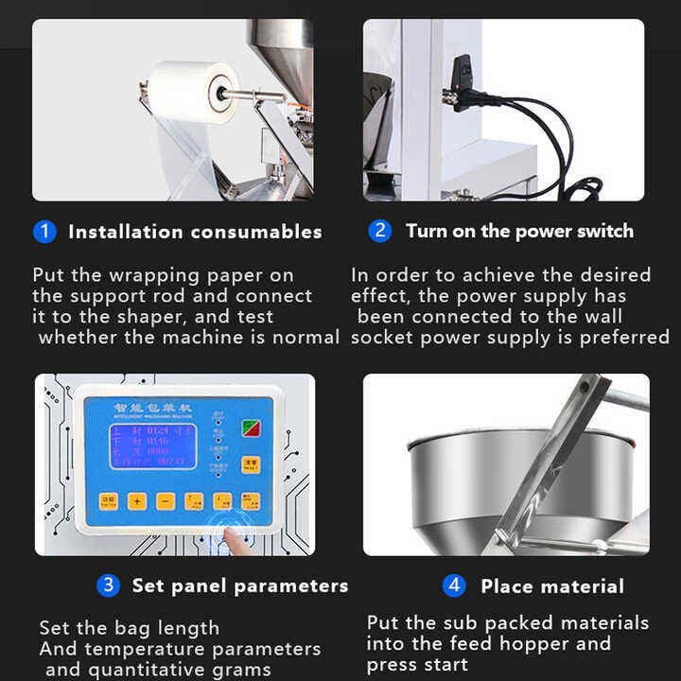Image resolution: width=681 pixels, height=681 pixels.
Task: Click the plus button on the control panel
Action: pyautogui.click(x=137, y=501)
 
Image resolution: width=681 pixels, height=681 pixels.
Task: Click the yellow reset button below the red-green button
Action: pyautogui.click(x=251, y=465)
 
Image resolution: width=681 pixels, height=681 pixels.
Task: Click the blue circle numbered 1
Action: pyautogui.click(x=44, y=231)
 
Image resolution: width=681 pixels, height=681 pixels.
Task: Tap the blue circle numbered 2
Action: pyautogui.click(x=380, y=231)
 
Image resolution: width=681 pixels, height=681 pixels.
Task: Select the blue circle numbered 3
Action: pyautogui.click(x=109, y=585)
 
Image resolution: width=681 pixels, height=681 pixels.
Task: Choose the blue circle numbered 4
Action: pyautogui.click(x=454, y=585)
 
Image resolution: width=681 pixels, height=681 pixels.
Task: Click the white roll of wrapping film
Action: pyautogui.click(x=194, y=92)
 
